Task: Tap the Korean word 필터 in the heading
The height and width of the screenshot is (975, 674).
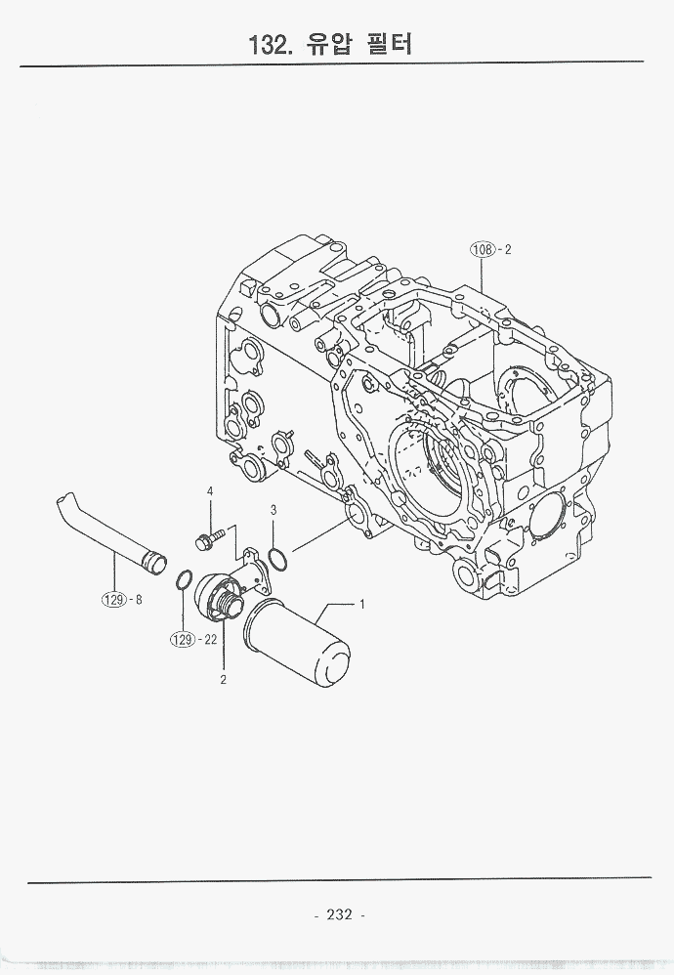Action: point(389,44)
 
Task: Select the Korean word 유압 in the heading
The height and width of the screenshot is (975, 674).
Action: point(327,44)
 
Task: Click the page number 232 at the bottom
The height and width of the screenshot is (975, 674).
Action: point(339,914)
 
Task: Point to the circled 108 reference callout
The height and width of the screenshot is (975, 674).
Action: point(482,249)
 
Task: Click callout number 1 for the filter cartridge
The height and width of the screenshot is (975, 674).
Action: point(362,604)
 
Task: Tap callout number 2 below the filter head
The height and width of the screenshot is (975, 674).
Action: point(224,680)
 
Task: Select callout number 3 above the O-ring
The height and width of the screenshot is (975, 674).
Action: point(273,511)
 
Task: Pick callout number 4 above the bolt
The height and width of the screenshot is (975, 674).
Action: point(210,491)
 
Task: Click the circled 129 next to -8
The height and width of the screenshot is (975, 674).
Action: point(113,600)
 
